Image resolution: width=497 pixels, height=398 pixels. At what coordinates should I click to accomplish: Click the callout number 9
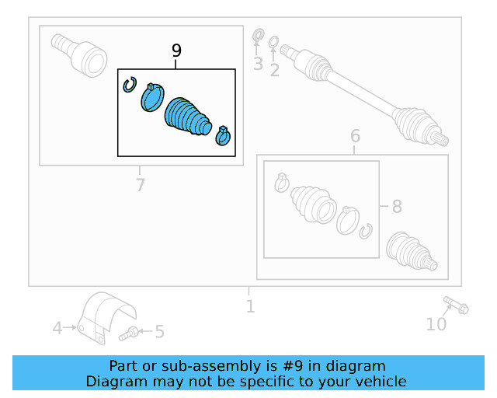(x=176, y=51)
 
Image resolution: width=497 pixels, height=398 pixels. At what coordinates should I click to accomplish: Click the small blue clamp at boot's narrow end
(x=223, y=135)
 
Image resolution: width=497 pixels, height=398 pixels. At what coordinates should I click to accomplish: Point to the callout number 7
(x=140, y=185)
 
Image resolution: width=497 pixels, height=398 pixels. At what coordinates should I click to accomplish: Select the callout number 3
(x=258, y=64)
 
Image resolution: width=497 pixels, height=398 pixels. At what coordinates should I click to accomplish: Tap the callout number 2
(x=274, y=71)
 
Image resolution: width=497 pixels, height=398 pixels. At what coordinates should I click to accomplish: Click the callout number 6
(x=355, y=137)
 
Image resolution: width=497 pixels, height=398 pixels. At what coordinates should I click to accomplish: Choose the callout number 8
(x=397, y=207)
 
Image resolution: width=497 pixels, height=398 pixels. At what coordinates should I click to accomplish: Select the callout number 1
(x=249, y=306)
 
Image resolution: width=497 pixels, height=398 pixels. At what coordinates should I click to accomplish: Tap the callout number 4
(x=57, y=329)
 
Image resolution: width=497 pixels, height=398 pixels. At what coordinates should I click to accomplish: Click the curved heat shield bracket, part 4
(x=105, y=314)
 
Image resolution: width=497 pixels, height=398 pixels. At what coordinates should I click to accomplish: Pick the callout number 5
(x=159, y=333)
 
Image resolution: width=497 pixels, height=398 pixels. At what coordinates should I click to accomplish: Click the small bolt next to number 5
(x=130, y=333)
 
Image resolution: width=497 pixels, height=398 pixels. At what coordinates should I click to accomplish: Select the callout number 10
(x=436, y=324)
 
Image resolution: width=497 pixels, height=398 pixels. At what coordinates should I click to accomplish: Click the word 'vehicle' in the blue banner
(x=380, y=381)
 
